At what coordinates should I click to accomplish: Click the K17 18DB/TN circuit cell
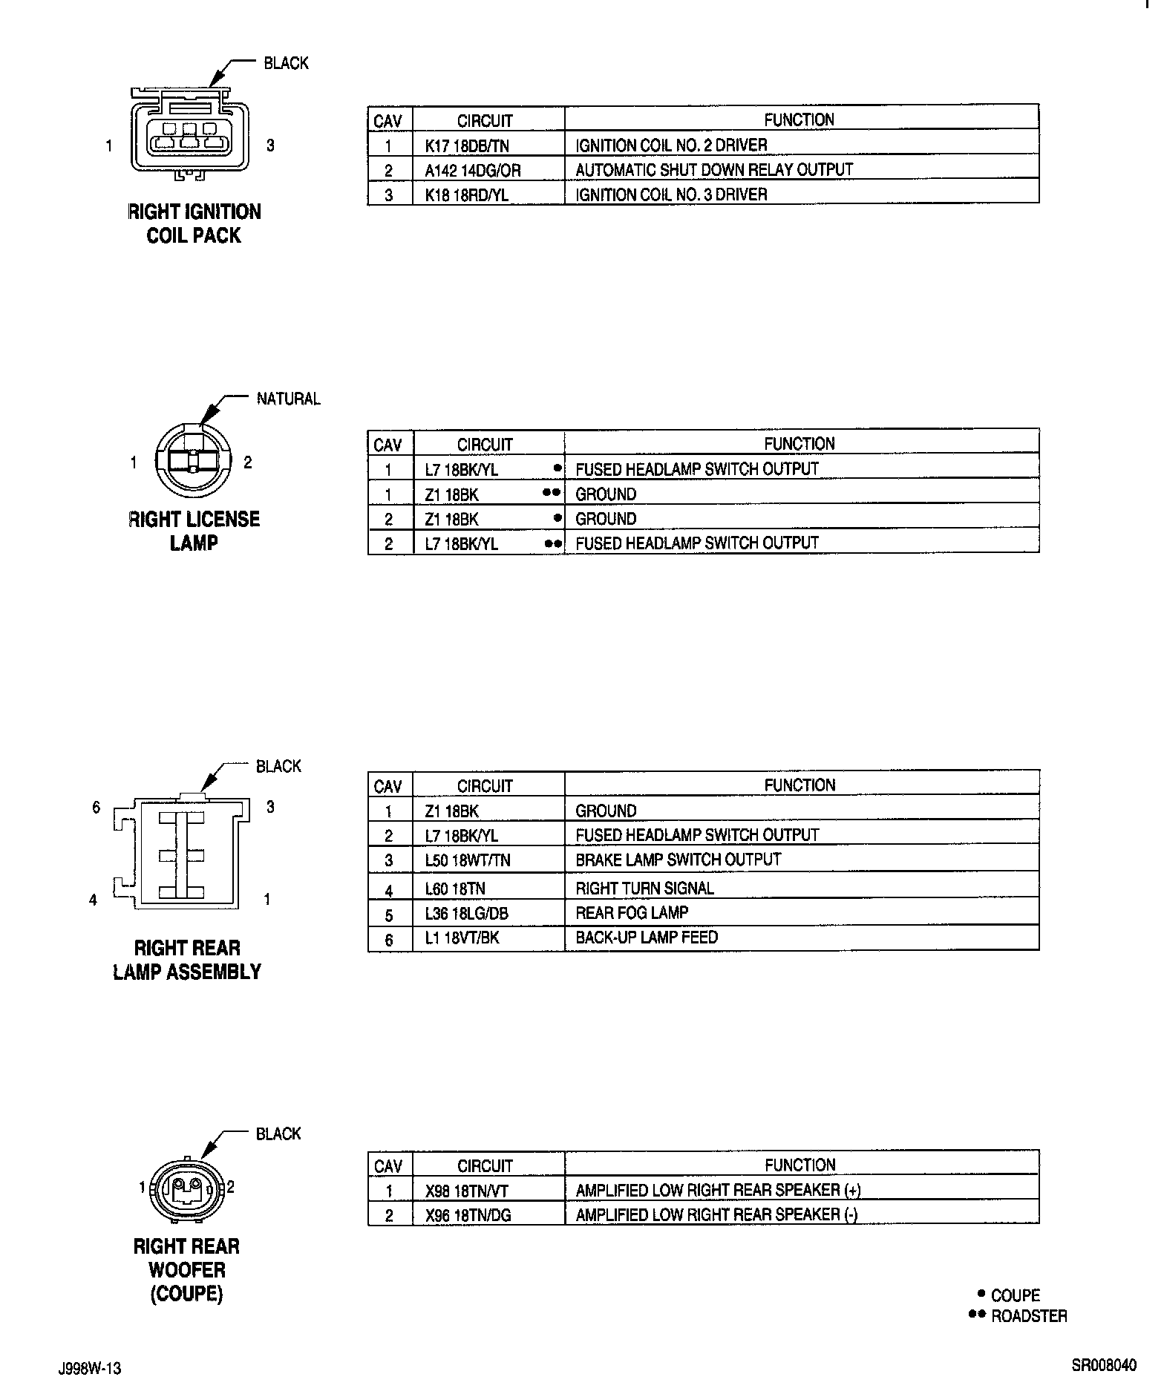click(467, 145)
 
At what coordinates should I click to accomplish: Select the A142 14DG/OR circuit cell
click(473, 171)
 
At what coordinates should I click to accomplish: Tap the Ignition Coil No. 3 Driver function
click(671, 194)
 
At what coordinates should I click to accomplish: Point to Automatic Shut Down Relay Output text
click(714, 170)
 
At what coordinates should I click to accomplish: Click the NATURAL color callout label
click(289, 399)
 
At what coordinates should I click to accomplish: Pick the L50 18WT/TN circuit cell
click(468, 860)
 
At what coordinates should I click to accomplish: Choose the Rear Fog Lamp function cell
click(632, 913)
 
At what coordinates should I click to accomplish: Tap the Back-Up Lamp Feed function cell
click(647, 938)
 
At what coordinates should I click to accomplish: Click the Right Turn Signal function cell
click(644, 889)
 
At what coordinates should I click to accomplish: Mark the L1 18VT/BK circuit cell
click(462, 938)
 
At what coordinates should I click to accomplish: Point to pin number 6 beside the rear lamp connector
click(96, 807)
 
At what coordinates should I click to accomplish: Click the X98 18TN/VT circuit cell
click(467, 1191)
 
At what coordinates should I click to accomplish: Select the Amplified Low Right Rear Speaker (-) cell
click(716, 1215)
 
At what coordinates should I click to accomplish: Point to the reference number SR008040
click(1103, 1366)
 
